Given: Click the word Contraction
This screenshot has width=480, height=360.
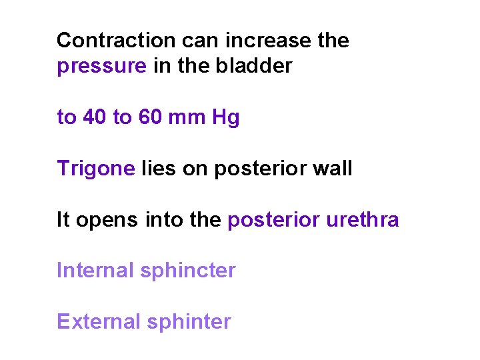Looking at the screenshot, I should pos(114,41).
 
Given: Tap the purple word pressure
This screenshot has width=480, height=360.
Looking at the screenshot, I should pos(102,67).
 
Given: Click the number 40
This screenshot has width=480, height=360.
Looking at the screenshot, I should pos(95,118).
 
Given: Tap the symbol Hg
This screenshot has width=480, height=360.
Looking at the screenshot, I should pos(225,119).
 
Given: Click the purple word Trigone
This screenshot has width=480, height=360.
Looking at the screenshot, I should pos(96,169).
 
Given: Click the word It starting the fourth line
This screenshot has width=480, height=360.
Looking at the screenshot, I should pos(63,220).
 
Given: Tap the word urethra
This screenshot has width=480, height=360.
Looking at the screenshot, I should pos(363,220).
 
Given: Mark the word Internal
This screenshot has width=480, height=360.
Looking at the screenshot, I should pos(96,271).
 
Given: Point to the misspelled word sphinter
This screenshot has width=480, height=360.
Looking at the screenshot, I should pos(189,322).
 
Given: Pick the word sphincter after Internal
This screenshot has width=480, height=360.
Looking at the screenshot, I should pos(189,271).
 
